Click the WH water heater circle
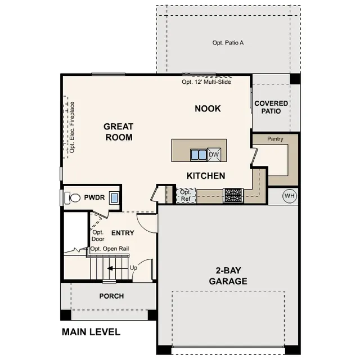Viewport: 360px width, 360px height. pos(290,196)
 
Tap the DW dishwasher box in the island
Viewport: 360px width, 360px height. pos(214,155)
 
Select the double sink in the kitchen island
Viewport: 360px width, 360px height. pos(199,155)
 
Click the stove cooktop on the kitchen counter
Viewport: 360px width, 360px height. pos(233,195)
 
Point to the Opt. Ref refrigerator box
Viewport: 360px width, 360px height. pos(186,195)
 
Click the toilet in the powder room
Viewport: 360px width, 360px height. pos(73,197)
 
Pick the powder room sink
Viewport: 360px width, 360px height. pos(114,197)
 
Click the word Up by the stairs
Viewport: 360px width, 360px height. pos(133,268)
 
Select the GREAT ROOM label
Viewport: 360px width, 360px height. pos(119,132)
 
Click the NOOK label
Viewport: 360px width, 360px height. pos(208,109)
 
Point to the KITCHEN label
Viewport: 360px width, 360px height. pos(206,176)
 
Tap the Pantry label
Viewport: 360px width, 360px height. pos(275,139)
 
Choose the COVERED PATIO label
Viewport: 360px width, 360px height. pos(271,107)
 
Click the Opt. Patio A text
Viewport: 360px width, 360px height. pos(228,43)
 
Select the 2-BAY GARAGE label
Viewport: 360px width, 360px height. pos(228,276)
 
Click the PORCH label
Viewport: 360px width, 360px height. pos(111,296)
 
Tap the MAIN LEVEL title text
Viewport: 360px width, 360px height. pos(91,332)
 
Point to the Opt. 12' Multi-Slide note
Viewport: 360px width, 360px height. pos(206,82)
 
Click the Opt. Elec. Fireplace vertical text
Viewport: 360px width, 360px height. pos(72,127)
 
